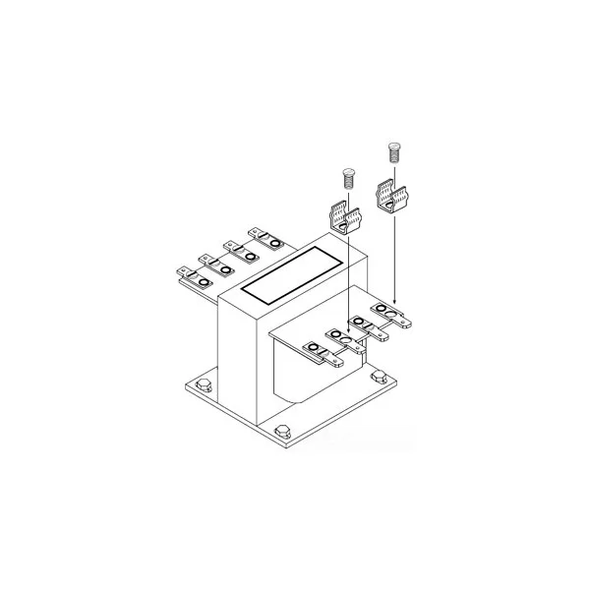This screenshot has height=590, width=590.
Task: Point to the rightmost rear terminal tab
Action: click(x=268, y=237)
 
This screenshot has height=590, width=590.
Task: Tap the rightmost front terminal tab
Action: click(x=393, y=317)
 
